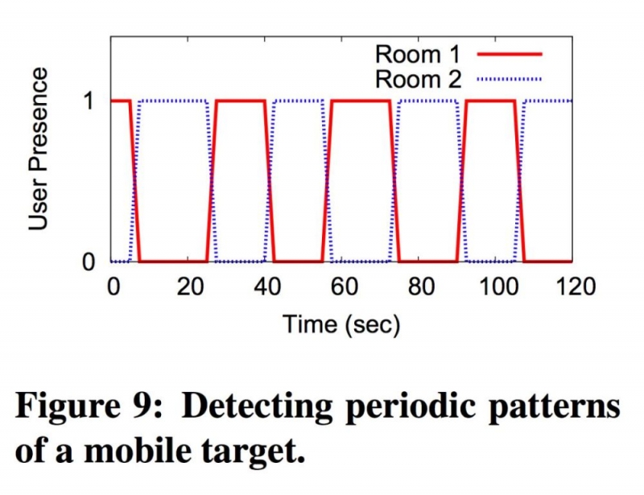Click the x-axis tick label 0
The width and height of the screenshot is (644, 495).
(x=113, y=287)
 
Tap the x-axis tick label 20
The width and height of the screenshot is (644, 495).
(x=189, y=287)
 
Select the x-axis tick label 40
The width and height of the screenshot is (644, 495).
(x=266, y=287)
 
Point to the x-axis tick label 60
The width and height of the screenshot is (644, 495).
(x=342, y=287)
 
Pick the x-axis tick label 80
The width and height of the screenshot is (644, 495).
(x=419, y=287)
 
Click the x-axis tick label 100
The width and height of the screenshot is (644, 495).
(x=495, y=287)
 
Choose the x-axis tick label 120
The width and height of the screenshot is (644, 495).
(x=572, y=287)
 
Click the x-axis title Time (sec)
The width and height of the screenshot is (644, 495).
(x=341, y=324)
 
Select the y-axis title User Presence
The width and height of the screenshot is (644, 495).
(x=39, y=149)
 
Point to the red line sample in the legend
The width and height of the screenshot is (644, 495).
(x=510, y=55)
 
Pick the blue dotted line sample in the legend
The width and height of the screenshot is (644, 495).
(x=510, y=79)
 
